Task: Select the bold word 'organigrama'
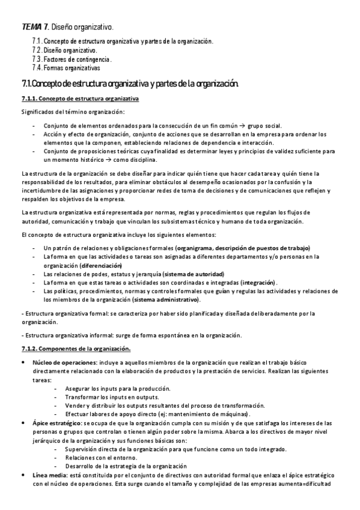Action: tap(194, 248)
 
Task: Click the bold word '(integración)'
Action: tap(258, 282)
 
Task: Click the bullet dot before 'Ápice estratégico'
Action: tap(23, 423)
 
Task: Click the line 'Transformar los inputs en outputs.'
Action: tap(112, 397)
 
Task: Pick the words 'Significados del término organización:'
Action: tap(73, 112)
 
